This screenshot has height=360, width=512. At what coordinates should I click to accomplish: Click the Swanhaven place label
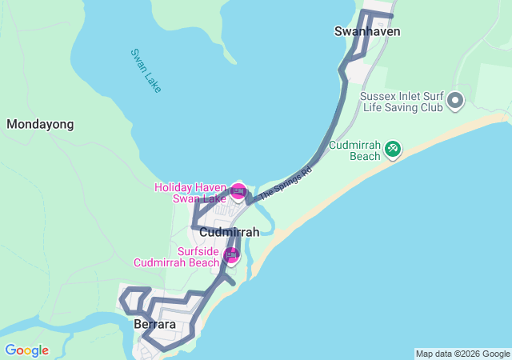click(366, 32)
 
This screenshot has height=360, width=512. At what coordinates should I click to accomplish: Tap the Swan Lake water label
click(146, 70)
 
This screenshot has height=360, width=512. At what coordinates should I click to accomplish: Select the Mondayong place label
click(40, 124)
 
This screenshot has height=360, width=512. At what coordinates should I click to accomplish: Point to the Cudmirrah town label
click(229, 232)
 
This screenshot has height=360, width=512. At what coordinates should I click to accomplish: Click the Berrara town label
click(154, 324)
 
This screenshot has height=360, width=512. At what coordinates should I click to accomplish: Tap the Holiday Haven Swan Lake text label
click(190, 193)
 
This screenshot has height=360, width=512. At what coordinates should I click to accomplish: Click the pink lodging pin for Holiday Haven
click(238, 190)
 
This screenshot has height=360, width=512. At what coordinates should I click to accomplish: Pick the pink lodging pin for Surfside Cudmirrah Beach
click(231, 254)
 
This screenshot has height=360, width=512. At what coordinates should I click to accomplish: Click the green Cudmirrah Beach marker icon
click(392, 149)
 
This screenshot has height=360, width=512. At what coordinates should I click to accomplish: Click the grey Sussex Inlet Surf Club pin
click(455, 101)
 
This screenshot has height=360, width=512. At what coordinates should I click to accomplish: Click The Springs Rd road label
click(285, 182)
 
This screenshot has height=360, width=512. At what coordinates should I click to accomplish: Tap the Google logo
click(26, 350)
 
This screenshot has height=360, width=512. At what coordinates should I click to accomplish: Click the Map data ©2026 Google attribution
click(462, 354)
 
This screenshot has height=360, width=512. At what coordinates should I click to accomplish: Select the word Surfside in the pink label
click(198, 250)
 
